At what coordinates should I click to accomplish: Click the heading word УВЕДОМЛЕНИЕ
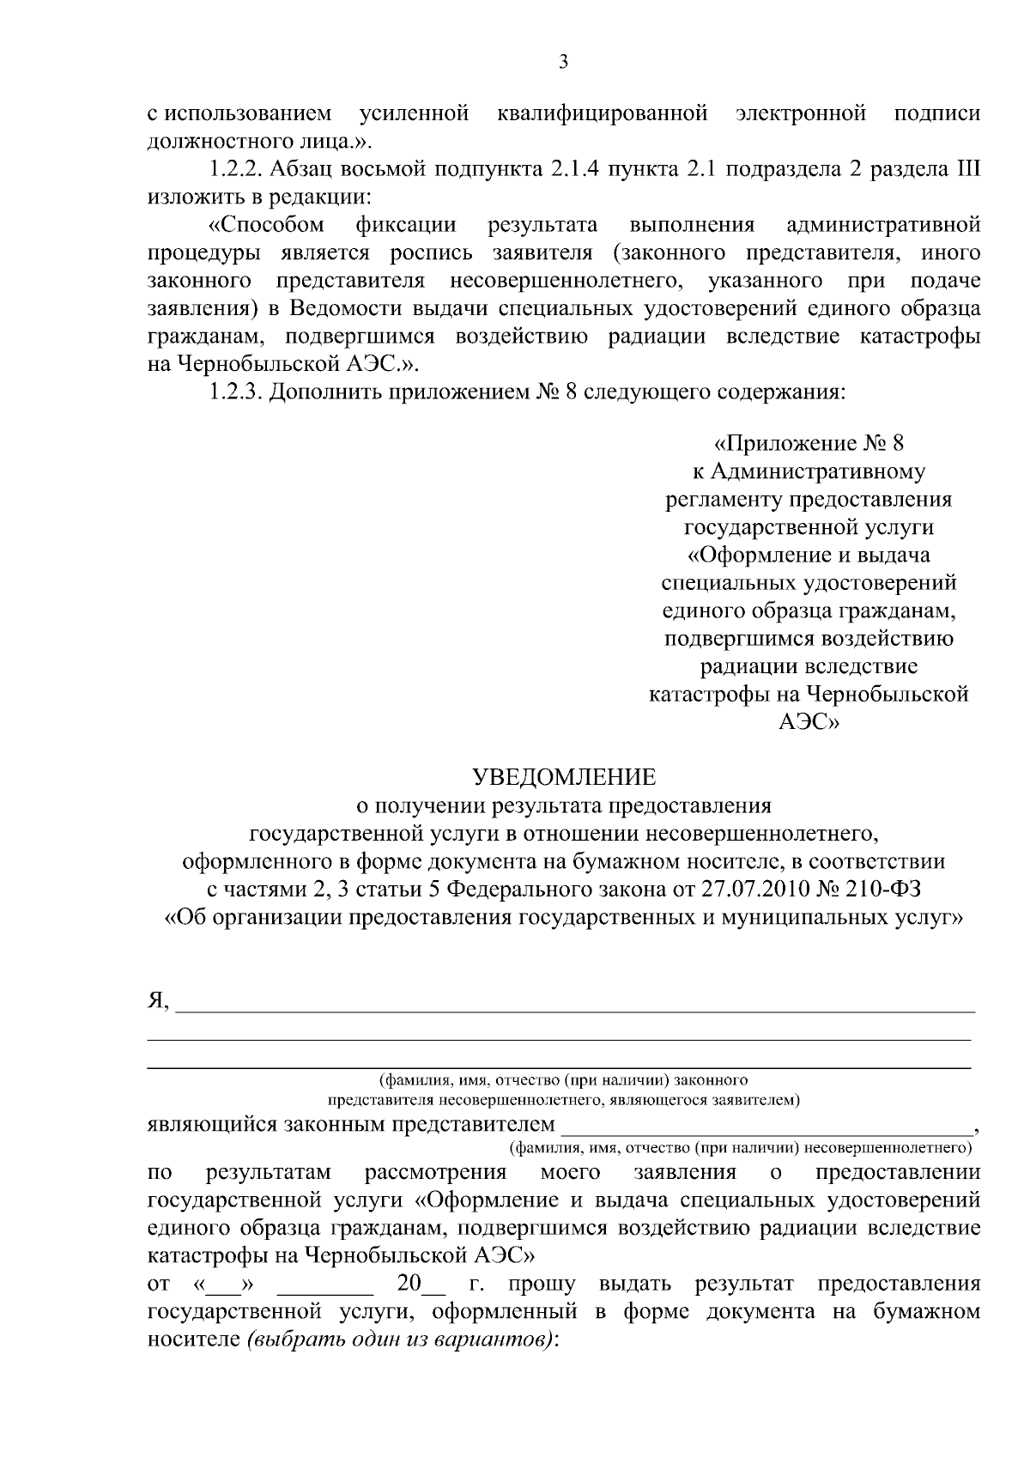(565, 778)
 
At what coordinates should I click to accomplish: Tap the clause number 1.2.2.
(230, 169)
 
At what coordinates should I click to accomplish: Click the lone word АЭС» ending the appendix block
(809, 722)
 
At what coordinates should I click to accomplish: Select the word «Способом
(267, 225)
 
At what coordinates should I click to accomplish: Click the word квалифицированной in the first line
(603, 113)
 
